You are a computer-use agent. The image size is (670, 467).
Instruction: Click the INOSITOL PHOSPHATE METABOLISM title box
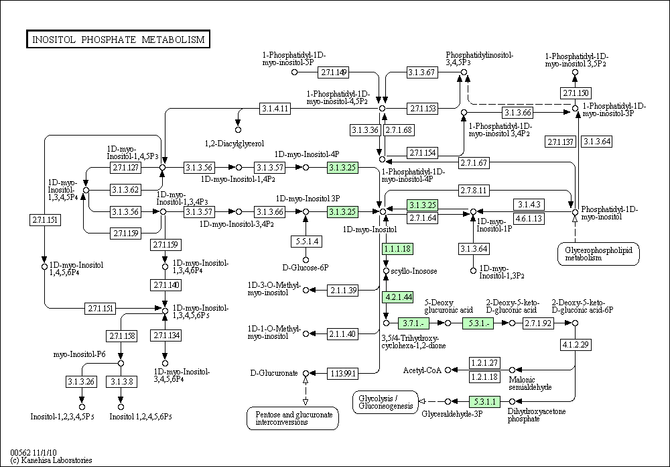pyautogui.click(x=118, y=40)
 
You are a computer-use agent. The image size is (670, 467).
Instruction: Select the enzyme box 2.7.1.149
pyautogui.click(x=333, y=72)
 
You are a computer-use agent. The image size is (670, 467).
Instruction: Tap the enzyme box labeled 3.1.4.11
pyautogui.click(x=275, y=109)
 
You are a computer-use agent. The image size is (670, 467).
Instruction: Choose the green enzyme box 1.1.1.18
pyautogui.click(x=398, y=249)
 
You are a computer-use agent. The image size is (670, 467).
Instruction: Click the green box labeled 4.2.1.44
pyautogui.click(x=398, y=297)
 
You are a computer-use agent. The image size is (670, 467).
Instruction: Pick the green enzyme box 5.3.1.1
pyautogui.click(x=484, y=401)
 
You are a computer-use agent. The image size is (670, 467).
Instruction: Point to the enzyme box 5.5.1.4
pyautogui.click(x=306, y=242)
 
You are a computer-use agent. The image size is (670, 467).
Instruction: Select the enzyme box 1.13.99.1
pyautogui.click(x=342, y=374)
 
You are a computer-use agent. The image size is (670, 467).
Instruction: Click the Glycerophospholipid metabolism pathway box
pyautogui.click(x=598, y=254)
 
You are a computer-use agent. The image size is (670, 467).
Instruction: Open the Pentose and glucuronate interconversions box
pyautogui.click(x=293, y=418)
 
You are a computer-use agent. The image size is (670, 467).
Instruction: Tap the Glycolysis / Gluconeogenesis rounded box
pyautogui.click(x=385, y=403)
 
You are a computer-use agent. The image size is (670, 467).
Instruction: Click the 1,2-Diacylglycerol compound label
pyautogui.click(x=234, y=144)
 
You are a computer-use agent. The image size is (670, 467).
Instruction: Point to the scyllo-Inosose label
pyautogui.click(x=414, y=271)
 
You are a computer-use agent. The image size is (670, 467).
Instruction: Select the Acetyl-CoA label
pyautogui.click(x=422, y=370)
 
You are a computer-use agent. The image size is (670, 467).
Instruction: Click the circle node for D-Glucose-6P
pyautogui.click(x=306, y=260)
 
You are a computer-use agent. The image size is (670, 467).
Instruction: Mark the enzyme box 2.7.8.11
pyautogui.click(x=474, y=190)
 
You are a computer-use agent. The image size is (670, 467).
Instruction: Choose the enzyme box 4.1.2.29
pyautogui.click(x=576, y=345)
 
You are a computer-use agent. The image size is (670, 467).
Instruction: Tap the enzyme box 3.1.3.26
pyautogui.click(x=81, y=381)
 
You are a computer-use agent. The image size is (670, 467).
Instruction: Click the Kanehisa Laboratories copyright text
pyautogui.click(x=52, y=460)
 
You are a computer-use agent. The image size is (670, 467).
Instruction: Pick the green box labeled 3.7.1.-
pyautogui.click(x=413, y=323)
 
